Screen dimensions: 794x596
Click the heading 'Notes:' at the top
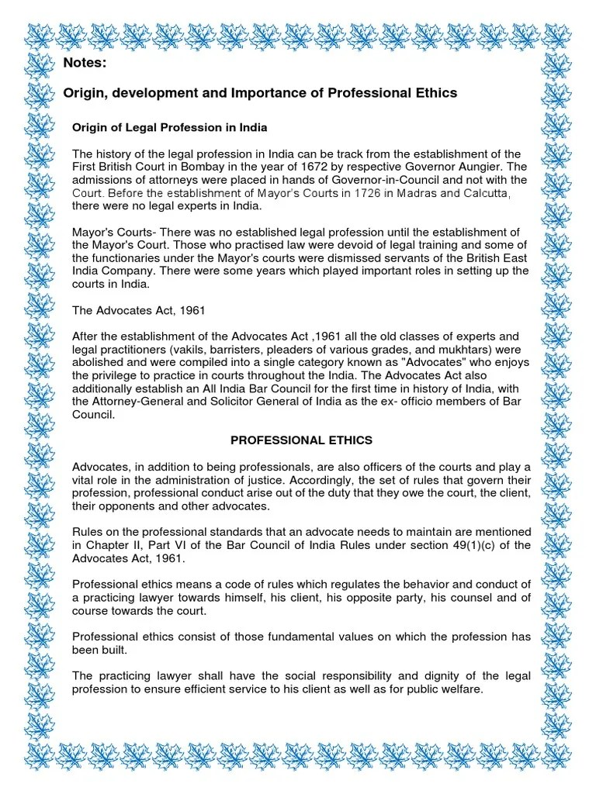(85, 62)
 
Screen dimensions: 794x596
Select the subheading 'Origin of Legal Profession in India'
(169, 126)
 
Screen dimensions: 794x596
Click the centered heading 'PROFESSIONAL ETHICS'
(301, 440)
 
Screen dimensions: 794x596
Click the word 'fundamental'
(259, 637)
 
